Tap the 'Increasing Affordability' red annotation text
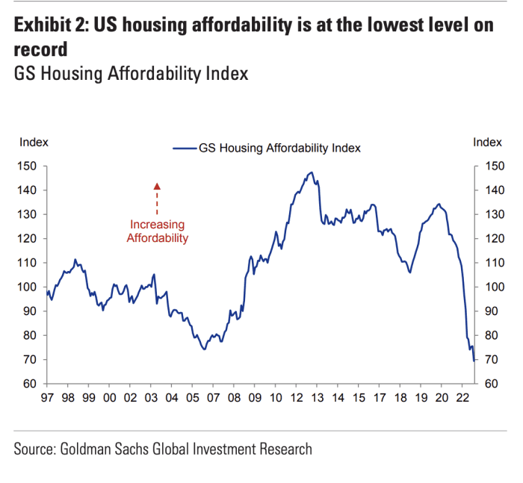(157, 231)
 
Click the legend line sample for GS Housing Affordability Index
(184, 148)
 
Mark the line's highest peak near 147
(310, 172)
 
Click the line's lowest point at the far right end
(474, 361)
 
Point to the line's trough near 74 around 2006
(204, 349)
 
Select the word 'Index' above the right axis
(487, 142)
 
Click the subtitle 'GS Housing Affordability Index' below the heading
(131, 74)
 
